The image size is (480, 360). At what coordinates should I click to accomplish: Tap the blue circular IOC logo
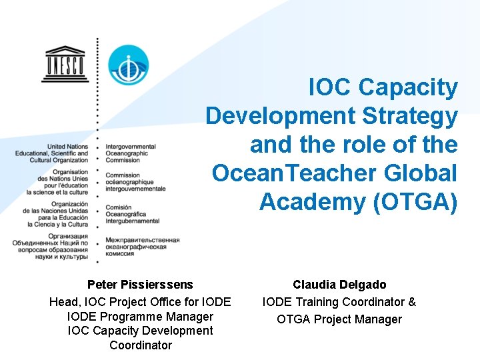click(x=128, y=65)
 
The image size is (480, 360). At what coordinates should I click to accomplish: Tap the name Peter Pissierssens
click(x=140, y=285)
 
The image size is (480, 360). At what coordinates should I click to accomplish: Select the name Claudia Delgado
click(x=339, y=285)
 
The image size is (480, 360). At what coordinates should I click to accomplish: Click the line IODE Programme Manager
click(x=140, y=317)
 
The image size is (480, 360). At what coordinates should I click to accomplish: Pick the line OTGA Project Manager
click(x=339, y=319)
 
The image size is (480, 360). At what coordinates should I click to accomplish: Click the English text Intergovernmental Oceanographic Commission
click(x=131, y=153)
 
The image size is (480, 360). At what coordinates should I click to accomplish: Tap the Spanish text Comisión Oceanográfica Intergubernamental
click(x=133, y=214)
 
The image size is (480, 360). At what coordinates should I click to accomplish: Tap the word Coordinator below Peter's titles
click(x=140, y=345)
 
